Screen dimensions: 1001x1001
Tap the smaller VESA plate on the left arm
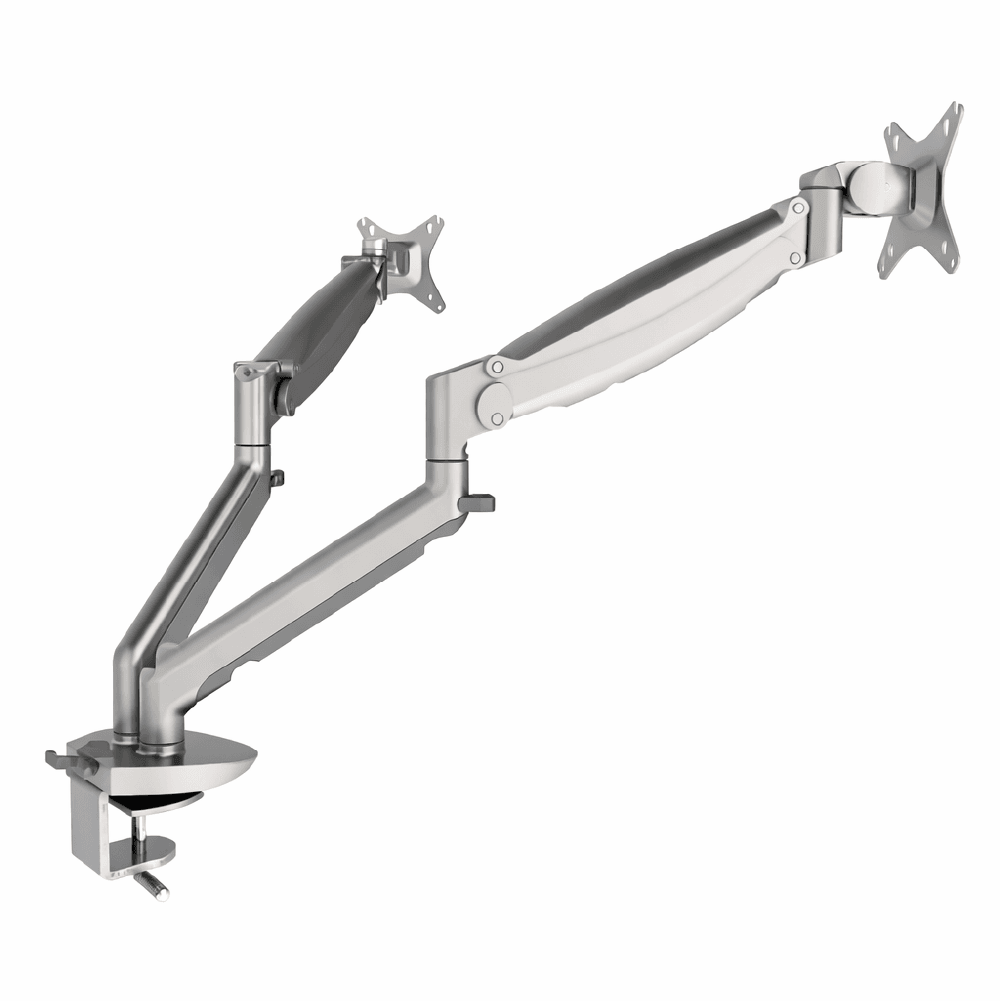pos(404,258)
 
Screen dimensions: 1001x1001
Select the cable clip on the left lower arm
pos(275,478)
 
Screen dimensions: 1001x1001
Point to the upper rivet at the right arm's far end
pos(797,208)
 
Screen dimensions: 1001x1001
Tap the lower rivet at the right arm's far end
pos(795,258)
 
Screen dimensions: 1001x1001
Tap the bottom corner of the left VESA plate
pos(438,306)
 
